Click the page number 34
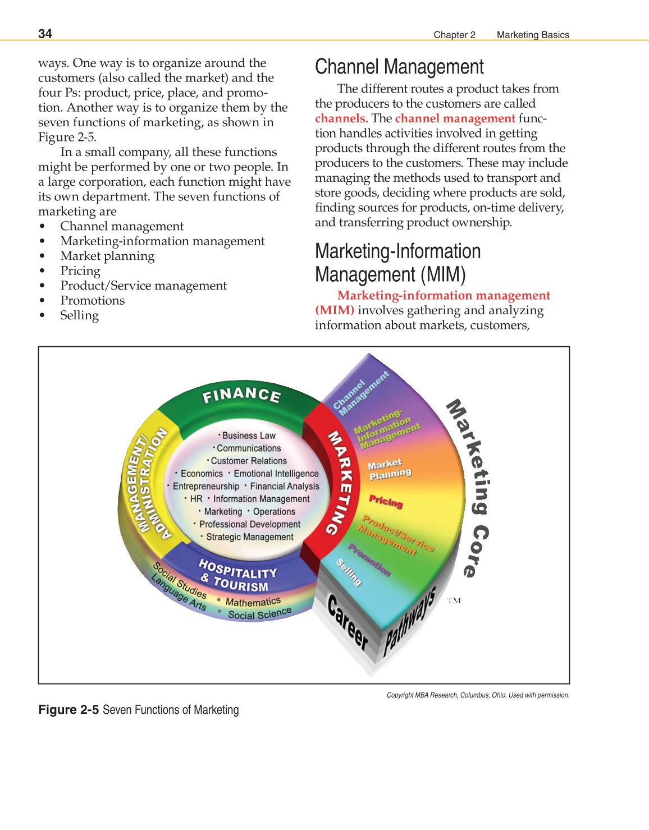pyautogui.click(x=45, y=34)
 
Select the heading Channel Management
pyautogui.click(x=399, y=67)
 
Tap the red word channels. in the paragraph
pyautogui.click(x=341, y=118)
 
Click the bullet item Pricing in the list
pyautogui.click(x=80, y=271)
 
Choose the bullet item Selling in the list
pyautogui.click(x=79, y=315)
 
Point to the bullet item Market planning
pyautogui.click(x=107, y=256)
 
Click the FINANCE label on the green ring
pyautogui.click(x=241, y=395)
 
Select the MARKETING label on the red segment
pyautogui.click(x=340, y=483)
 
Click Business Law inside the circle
pyautogui.click(x=249, y=435)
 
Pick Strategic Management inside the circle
pyautogui.click(x=249, y=537)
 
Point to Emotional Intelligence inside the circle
pyautogui.click(x=276, y=474)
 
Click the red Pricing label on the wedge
pyautogui.click(x=386, y=501)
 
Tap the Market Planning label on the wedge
pyautogui.click(x=389, y=469)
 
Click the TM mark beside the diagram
pyautogui.click(x=454, y=600)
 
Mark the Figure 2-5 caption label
pyautogui.click(x=68, y=710)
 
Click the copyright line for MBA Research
pyautogui.click(x=478, y=695)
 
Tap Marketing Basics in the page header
pyautogui.click(x=532, y=35)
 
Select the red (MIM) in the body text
pyautogui.click(x=335, y=310)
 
